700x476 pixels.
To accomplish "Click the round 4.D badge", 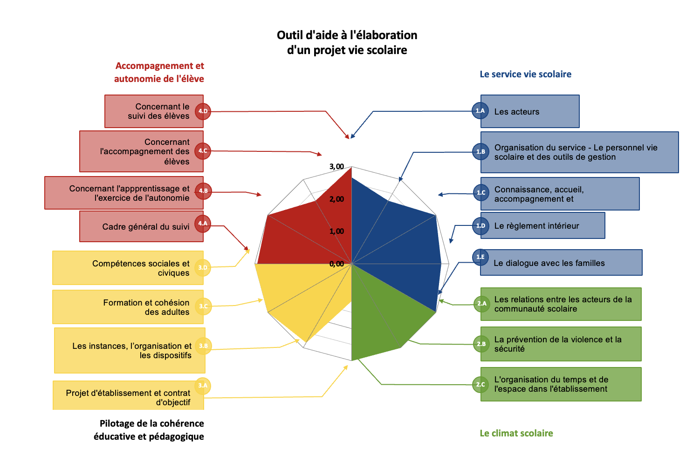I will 203,111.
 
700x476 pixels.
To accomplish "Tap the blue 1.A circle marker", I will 480,111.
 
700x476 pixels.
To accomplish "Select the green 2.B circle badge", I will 481,344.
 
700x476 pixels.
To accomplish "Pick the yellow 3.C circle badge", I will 203,306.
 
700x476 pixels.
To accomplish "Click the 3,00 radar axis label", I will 336,167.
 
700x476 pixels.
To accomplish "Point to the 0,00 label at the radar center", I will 336,264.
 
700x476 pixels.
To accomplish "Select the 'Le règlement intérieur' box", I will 543,226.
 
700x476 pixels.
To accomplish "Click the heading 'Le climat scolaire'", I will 516,434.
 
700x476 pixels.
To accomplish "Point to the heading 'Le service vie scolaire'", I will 525,75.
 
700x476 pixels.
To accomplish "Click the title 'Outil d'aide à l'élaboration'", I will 347,35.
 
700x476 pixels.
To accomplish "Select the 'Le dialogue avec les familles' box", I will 559,263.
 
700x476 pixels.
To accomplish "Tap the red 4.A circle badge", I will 203,224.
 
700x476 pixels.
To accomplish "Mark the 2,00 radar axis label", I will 336,199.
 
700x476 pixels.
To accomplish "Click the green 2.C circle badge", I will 480,385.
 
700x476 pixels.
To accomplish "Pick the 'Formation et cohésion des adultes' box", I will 128,307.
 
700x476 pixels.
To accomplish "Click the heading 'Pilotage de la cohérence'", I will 151,424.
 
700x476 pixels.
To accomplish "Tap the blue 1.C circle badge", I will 480,192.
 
